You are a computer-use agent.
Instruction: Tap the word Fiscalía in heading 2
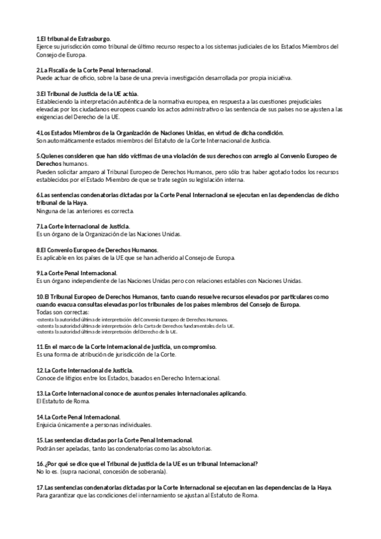point(62,69)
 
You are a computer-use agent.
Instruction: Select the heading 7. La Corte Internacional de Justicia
point(83,226)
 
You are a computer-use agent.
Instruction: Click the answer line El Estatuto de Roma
point(63,401)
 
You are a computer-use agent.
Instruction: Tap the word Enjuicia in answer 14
point(48,424)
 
